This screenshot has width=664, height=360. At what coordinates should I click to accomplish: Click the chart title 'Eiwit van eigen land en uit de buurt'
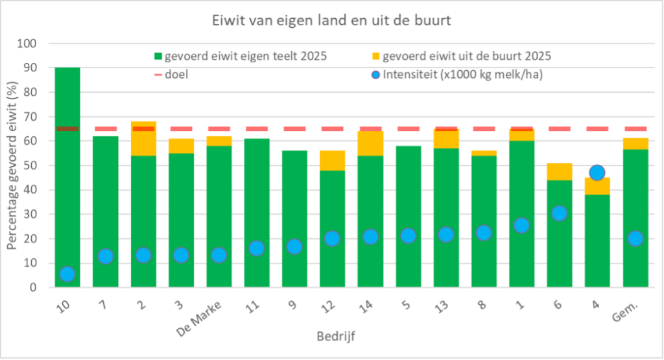331,20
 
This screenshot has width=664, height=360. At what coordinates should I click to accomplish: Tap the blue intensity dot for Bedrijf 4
597,173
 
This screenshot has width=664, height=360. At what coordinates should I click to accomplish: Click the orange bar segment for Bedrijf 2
143,143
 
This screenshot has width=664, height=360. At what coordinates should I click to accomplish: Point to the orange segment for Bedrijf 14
370,143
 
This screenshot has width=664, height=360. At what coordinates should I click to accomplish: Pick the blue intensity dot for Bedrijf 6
559,213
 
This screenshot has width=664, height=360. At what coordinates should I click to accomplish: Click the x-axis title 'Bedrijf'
336,336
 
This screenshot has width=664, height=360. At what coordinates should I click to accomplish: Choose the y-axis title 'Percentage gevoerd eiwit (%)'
12,165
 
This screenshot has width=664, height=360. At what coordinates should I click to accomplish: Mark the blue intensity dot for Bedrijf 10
67,274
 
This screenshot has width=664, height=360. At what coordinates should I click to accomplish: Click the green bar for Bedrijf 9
294,195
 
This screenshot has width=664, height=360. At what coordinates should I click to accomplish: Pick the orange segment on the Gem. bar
635,143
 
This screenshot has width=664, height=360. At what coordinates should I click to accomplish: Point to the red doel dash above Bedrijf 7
105,128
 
